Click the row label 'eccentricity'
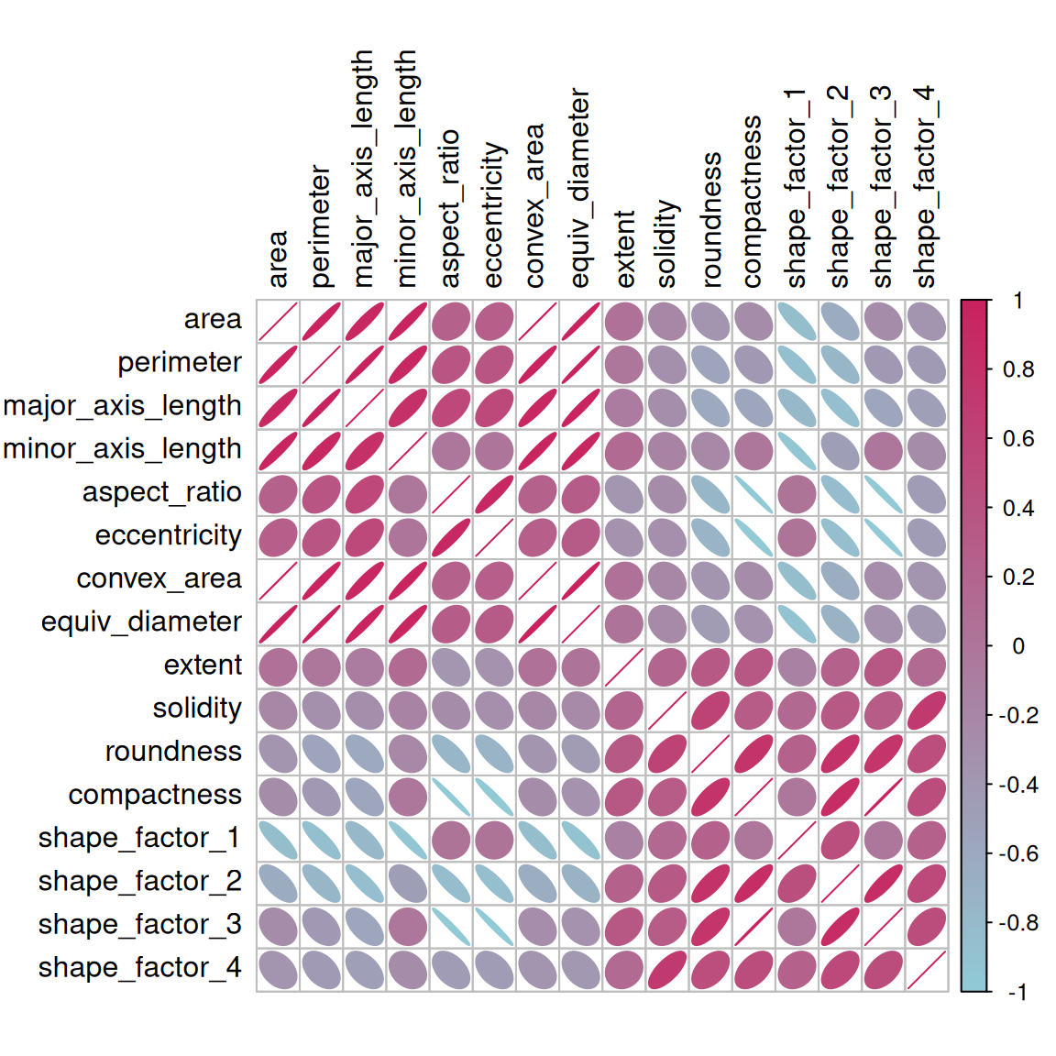(168, 536)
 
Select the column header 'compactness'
(752, 202)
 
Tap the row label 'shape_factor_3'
(139, 925)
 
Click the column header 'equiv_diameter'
(579, 188)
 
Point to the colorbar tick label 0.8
(1017, 369)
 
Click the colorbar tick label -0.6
(1017, 853)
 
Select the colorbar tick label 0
(1017, 646)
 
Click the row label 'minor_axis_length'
(122, 449)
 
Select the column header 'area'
(278, 259)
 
